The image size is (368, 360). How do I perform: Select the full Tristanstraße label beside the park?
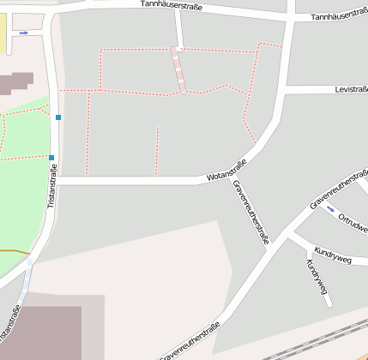51,187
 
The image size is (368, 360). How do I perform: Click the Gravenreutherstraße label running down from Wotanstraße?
250,212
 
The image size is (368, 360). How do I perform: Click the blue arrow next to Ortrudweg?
330,208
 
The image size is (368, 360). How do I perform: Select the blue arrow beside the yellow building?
23,33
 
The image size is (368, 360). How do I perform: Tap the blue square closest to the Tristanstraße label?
51,158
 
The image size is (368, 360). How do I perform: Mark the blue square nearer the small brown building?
58,117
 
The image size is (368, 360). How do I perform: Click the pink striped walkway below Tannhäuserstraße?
178,69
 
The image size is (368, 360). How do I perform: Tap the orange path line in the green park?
13,250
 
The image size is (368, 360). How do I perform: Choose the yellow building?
3,30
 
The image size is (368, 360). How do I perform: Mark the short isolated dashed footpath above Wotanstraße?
157,151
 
